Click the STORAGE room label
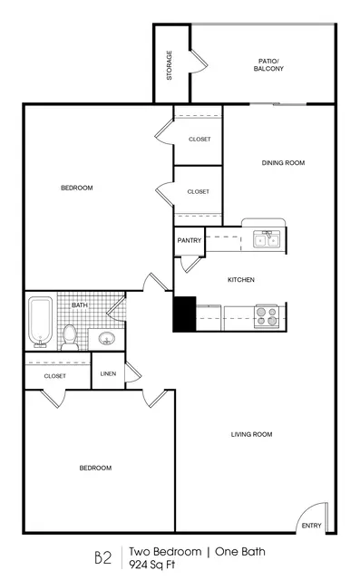169,65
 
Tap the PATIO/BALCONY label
268,64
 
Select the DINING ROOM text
283,163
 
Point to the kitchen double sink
267,239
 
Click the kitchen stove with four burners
267,316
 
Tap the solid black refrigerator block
185,314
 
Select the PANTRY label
189,240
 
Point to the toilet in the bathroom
70,337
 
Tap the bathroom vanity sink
107,338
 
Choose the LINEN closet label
108,373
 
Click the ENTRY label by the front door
312,526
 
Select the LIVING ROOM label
251,434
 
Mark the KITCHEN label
241,280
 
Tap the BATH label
80,304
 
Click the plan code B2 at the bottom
102,557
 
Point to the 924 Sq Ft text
151,565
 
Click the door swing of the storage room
199,61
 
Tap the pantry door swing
190,264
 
